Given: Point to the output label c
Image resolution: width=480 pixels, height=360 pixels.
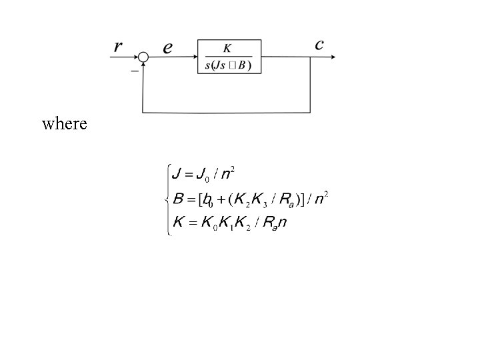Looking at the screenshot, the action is pos(319,45).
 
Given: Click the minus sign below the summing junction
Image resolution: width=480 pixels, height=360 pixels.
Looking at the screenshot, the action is pos(135,71).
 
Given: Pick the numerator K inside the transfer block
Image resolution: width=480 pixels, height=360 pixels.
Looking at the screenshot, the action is pos(227,48).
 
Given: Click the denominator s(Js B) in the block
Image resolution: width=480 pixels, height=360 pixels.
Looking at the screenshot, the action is pos(229,65).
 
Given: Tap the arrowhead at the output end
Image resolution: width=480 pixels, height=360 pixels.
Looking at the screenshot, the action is pos(331,57).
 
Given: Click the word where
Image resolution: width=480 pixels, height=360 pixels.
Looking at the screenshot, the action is pos(64,123).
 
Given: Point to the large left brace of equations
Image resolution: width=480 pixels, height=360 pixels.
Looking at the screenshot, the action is pos(169,199).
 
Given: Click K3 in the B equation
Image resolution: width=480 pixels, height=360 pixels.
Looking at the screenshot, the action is pos(260,199).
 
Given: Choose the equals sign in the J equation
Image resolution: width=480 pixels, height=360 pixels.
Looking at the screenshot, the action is pos(187,175).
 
